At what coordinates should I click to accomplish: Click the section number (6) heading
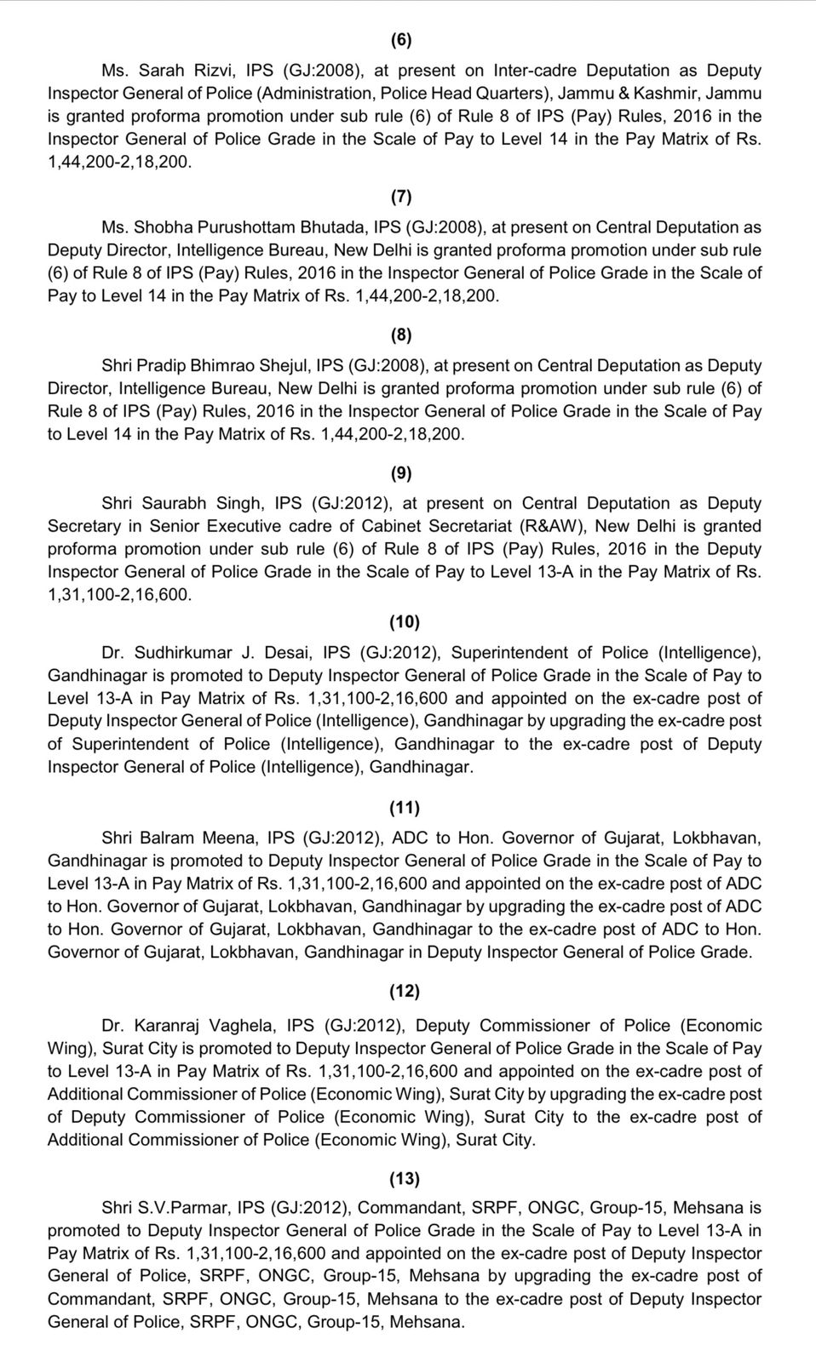point(401,40)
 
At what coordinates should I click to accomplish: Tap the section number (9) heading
point(401,473)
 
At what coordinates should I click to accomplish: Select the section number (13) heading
point(405,1178)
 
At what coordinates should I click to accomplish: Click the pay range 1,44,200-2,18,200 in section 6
point(119,162)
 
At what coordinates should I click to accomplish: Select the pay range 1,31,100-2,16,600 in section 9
point(119,595)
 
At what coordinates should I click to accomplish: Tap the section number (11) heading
point(405,806)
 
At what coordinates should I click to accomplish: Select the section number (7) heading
point(401,197)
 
